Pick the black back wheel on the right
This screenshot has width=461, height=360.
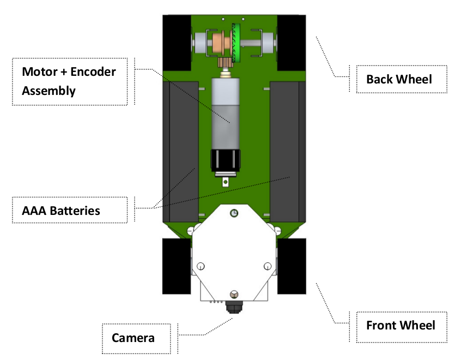click(x=292, y=43)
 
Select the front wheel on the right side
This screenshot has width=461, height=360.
click(x=292, y=266)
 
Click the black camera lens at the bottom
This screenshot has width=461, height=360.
click(x=234, y=308)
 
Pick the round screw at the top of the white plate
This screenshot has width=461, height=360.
click(x=233, y=213)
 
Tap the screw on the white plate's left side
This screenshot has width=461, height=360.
click(x=200, y=266)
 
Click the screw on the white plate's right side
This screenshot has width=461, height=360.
click(x=267, y=266)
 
